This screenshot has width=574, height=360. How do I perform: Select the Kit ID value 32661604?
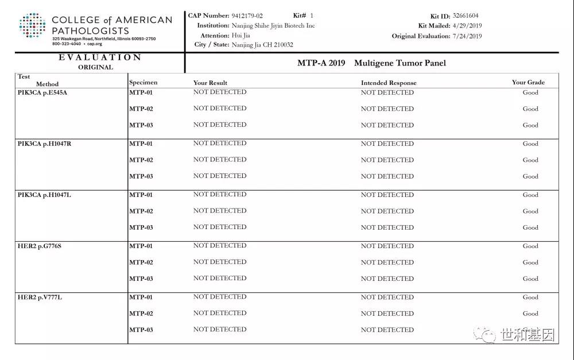point(466,16)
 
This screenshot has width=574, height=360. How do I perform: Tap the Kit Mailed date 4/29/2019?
point(467,26)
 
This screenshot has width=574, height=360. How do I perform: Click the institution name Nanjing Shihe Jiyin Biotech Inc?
point(273,26)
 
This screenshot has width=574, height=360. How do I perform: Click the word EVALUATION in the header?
point(100,57)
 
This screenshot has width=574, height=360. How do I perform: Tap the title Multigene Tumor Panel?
point(400,63)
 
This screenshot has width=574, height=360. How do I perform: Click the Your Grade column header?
point(528,82)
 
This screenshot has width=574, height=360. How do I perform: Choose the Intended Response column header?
point(389,83)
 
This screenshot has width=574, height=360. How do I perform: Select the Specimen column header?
point(143,82)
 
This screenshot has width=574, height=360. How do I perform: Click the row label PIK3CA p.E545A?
point(42,93)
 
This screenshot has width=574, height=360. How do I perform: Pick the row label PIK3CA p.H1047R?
point(44,144)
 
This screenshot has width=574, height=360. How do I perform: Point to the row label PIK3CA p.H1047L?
point(44,195)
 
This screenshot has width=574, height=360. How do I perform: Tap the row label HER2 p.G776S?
point(39,246)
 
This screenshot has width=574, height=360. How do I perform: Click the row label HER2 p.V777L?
point(39,297)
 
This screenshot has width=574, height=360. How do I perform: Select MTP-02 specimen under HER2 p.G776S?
point(141,262)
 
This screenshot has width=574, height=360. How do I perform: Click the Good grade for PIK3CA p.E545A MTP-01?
point(530,92)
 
